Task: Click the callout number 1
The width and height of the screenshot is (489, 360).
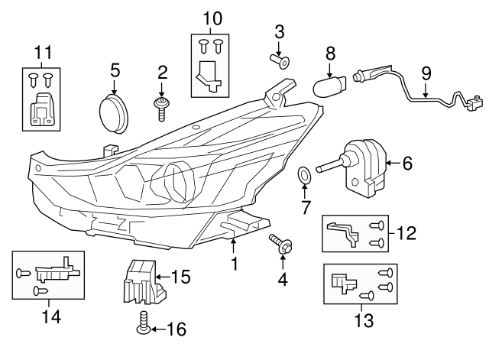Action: (x=235, y=264)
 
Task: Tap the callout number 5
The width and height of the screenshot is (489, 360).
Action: (x=115, y=70)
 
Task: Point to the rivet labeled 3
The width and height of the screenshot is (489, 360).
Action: (x=280, y=60)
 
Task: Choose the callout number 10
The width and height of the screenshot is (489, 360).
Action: (x=212, y=17)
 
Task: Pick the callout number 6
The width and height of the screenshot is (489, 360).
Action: (x=406, y=163)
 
